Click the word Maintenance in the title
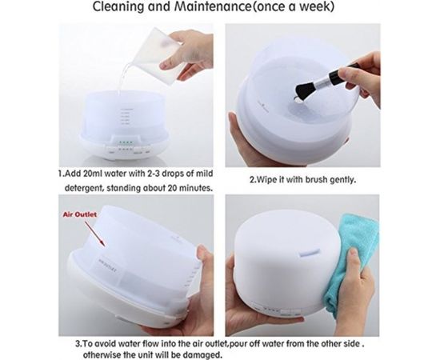[213, 6]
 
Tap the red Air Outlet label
[80, 214]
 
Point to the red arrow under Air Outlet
[95, 234]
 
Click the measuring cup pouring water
[157, 54]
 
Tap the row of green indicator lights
[125, 142]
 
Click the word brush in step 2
[317, 179]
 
